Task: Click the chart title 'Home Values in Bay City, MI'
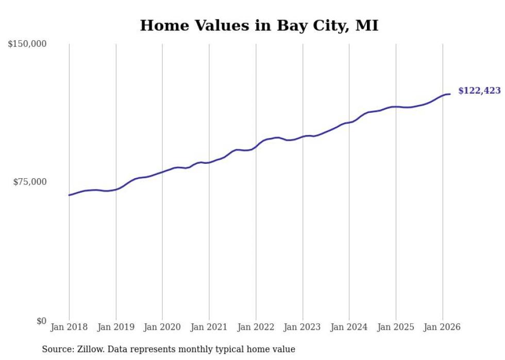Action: [259, 25]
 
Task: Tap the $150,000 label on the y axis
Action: [27, 44]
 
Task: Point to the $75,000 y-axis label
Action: [29, 182]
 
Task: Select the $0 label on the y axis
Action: [41, 321]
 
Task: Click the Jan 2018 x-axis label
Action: [69, 327]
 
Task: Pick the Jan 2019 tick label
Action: [115, 327]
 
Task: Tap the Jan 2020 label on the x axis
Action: [162, 327]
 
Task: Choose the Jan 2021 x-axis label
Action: [209, 327]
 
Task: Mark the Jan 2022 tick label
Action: [256, 327]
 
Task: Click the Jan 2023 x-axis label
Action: [302, 327]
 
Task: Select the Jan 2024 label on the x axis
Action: [349, 327]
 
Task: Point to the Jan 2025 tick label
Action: [395, 327]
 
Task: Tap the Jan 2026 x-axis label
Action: [442, 327]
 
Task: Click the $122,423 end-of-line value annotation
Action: [479, 91]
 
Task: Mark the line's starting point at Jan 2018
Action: [69, 195]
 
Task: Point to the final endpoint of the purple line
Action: [450, 94]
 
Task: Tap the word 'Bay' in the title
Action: [290, 25]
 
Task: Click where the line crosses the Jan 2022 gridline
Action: [256, 146]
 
